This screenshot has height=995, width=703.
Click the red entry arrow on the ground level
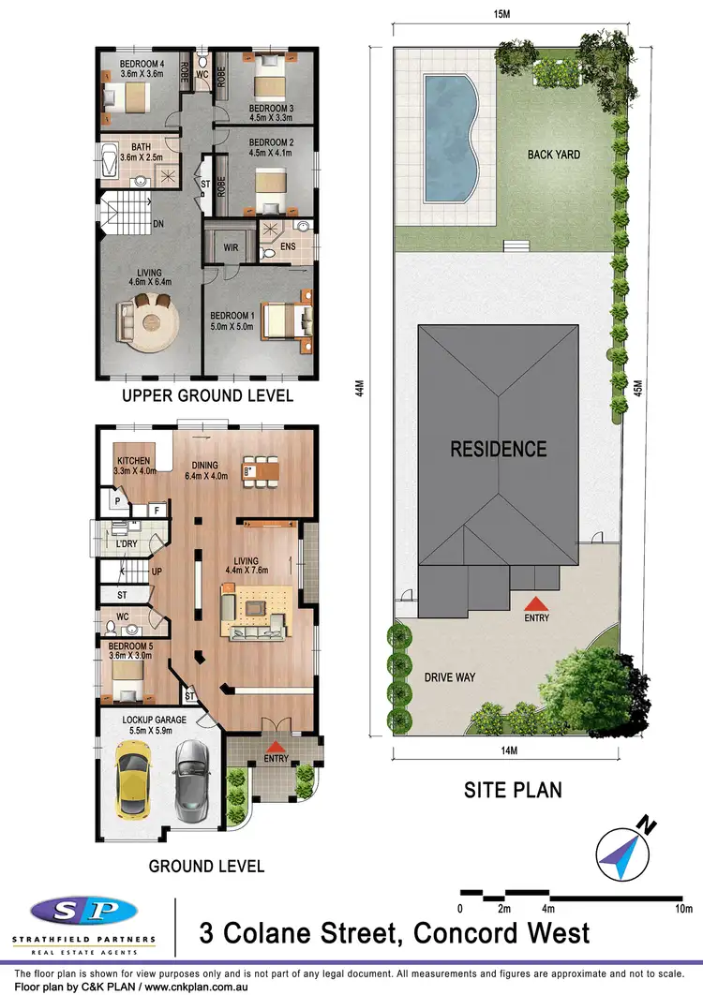point(277,746)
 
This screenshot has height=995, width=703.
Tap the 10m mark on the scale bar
point(683,909)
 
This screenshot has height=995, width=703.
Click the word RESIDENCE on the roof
point(498,449)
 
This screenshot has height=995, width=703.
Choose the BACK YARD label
point(553,155)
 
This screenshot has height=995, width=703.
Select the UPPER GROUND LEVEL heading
point(207,396)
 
